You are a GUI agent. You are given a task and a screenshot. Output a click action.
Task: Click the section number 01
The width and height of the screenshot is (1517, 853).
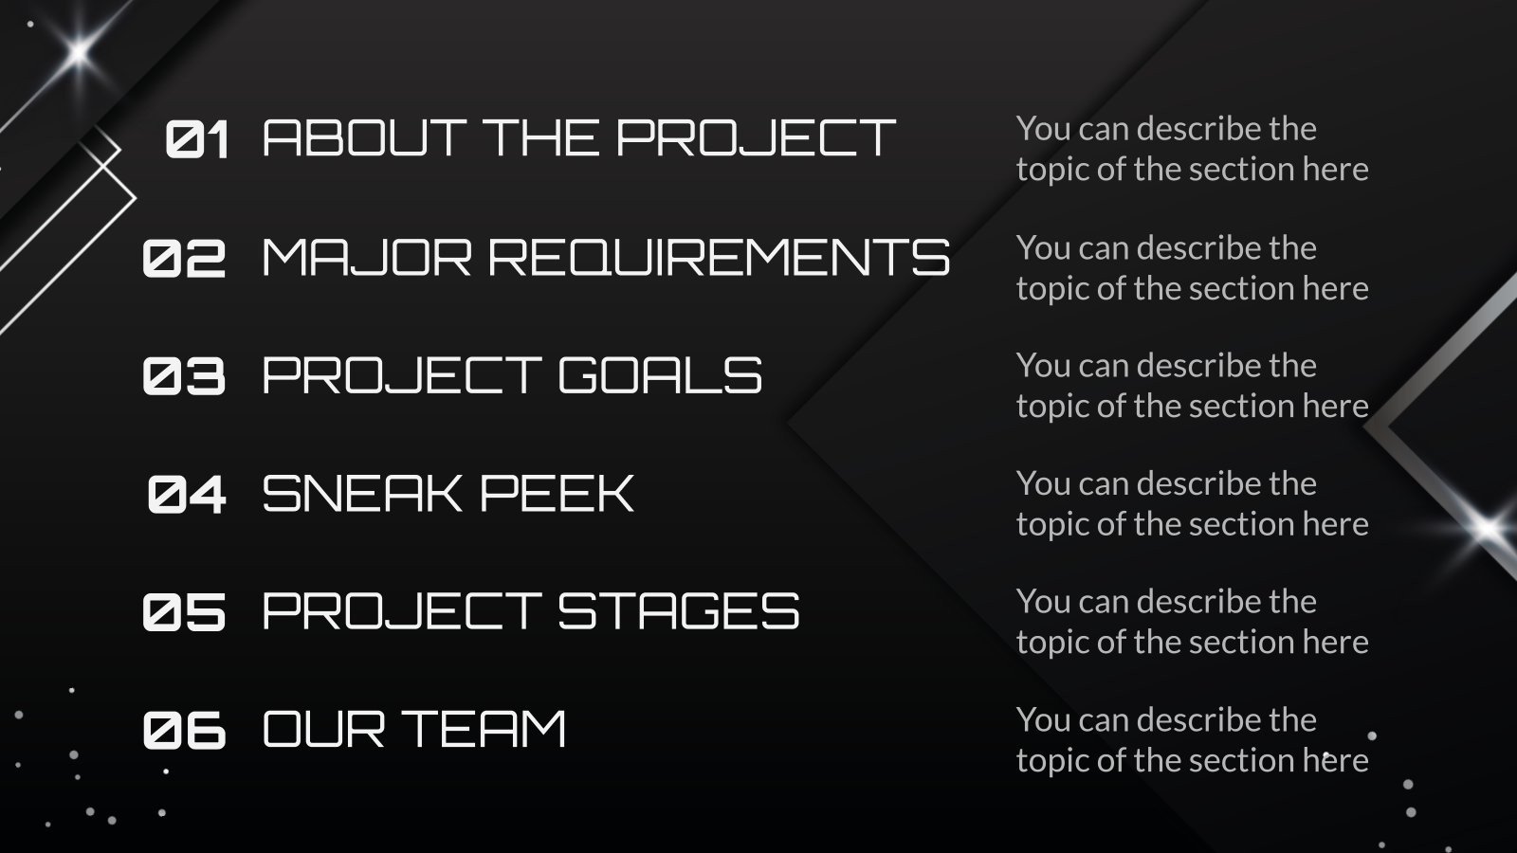click(x=197, y=139)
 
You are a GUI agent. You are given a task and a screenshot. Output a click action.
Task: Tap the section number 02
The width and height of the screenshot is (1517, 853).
click(x=185, y=258)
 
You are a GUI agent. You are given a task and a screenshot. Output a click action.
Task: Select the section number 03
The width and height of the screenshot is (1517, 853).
click(x=185, y=376)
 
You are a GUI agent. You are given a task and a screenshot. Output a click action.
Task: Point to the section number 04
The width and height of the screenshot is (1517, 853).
click(x=187, y=495)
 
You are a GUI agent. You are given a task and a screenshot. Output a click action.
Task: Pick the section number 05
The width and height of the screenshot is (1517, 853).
click(x=185, y=612)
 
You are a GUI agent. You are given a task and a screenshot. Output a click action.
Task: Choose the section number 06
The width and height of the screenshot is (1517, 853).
click(x=185, y=731)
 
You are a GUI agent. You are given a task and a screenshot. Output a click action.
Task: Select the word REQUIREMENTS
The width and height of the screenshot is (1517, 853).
click(x=719, y=257)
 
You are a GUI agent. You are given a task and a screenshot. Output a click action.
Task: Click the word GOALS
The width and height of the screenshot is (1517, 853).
click(x=660, y=375)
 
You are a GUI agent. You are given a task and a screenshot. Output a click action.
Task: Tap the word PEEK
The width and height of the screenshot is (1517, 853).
click(x=557, y=494)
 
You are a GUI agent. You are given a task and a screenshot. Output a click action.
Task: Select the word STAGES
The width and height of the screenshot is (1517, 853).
click(x=679, y=611)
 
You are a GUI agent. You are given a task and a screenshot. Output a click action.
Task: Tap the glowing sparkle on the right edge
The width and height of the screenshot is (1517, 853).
click(x=1487, y=528)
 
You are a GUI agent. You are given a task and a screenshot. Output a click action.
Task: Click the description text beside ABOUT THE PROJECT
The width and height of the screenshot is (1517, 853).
click(x=1192, y=149)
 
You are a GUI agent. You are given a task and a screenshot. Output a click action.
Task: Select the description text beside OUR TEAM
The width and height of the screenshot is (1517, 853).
click(x=1192, y=740)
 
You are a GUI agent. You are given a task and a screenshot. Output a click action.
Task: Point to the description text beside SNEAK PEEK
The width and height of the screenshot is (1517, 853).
click(x=1192, y=503)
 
